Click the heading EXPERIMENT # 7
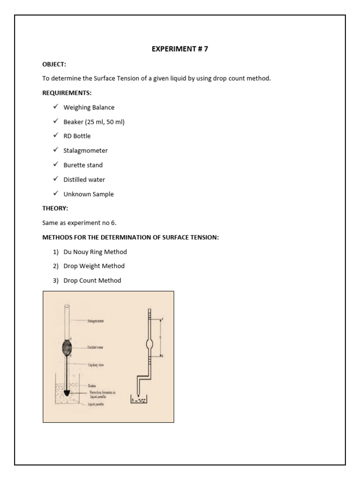180,49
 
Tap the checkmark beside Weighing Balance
55,107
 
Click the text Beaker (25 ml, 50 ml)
94,122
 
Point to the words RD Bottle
77,136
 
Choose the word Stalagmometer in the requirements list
85,150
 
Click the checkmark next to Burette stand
55,165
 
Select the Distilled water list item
84,180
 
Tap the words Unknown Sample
89,194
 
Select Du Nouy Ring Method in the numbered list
95,252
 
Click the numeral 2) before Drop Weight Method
55,266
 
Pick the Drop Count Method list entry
92,280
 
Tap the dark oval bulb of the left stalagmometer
67,347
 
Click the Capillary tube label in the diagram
96,365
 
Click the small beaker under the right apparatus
141,399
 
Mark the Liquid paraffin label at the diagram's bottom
96,404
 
